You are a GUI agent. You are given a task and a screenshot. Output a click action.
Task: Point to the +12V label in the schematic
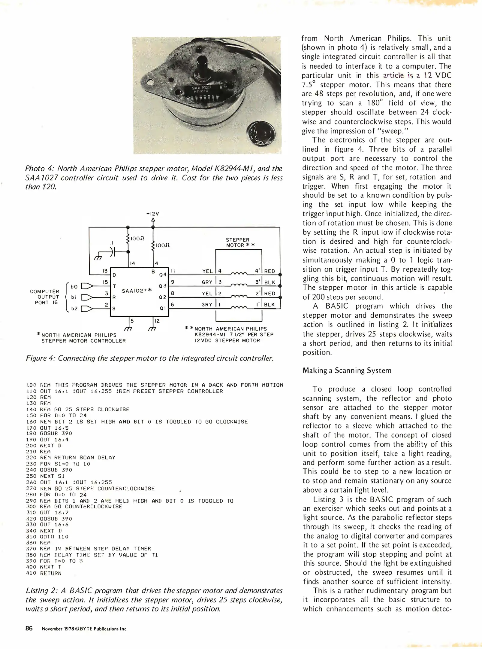point(152,214)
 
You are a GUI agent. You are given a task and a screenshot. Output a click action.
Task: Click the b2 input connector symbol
point(87,309)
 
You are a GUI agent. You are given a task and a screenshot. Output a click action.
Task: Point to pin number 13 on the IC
point(105,271)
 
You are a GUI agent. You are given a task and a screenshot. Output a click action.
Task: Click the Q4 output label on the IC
point(163,275)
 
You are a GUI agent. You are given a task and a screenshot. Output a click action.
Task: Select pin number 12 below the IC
point(157,321)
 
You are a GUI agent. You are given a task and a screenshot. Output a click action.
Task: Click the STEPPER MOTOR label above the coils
point(238,242)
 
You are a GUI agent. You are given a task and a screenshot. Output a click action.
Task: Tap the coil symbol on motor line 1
point(239,307)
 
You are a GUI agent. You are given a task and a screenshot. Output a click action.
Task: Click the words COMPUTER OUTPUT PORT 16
point(45,297)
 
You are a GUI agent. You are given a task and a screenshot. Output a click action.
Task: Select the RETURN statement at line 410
point(51,573)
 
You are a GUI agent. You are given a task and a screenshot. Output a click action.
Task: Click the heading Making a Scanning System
point(347,370)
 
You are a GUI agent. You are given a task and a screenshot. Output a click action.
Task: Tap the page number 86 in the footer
point(29,628)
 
